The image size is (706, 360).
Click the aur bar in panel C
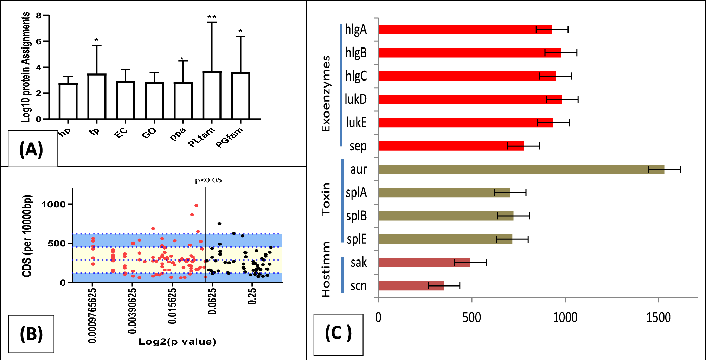click(x=520, y=169)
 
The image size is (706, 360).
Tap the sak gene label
click(x=358, y=263)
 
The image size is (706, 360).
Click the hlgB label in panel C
click(x=356, y=53)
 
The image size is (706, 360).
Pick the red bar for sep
click(x=450, y=146)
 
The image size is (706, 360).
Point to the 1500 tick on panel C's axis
click(x=658, y=317)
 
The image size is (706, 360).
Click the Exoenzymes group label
click(x=326, y=94)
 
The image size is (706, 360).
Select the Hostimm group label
click(x=326, y=269)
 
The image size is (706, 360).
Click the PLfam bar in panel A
click(x=212, y=96)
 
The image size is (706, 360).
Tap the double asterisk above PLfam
click(x=212, y=17)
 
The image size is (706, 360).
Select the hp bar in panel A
click(x=68, y=101)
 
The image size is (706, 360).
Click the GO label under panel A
click(x=149, y=133)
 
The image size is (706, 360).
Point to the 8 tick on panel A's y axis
click(x=39, y=15)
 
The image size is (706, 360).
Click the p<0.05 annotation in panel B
click(x=208, y=180)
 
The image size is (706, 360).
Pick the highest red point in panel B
click(x=196, y=205)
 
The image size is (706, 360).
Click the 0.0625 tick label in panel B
click(x=212, y=301)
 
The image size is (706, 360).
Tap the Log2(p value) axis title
click(x=177, y=341)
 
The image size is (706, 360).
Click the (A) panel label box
click(x=32, y=149)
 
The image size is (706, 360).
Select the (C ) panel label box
click(x=338, y=334)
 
